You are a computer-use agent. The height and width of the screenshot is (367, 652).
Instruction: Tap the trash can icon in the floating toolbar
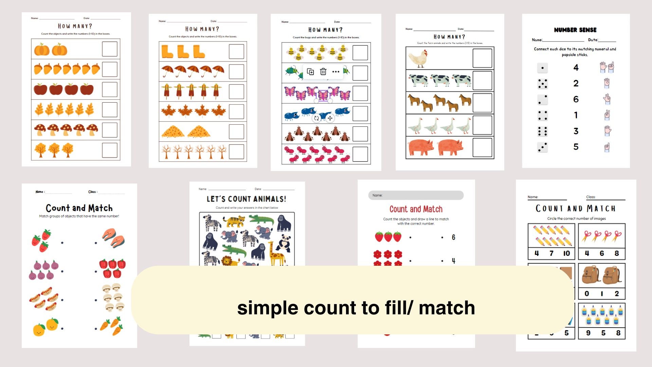point(323,72)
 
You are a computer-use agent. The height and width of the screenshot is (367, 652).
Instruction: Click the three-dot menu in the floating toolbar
point(336,72)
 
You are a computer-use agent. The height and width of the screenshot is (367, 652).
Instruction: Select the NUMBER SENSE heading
point(575,30)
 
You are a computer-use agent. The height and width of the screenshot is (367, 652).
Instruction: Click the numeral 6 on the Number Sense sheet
point(576,99)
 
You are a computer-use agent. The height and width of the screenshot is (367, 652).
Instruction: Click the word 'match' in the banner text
point(447,308)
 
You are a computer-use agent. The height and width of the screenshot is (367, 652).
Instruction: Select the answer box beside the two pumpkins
point(110,49)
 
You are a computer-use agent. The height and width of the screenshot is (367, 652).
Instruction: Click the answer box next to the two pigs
point(482,147)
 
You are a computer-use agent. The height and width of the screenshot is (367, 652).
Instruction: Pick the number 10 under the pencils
point(566,253)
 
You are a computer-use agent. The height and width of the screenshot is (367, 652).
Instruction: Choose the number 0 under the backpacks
point(587,294)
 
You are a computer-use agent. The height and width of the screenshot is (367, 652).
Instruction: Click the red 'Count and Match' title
point(416,209)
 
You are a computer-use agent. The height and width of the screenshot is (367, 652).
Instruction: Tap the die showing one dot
point(542,68)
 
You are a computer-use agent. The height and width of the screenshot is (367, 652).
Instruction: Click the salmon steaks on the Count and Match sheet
point(113,238)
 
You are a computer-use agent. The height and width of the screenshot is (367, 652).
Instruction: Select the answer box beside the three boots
point(236,52)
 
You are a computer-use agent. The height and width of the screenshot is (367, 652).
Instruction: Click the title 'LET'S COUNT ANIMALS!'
point(247,199)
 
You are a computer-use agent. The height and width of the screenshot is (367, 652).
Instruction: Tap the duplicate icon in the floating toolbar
point(310,72)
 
